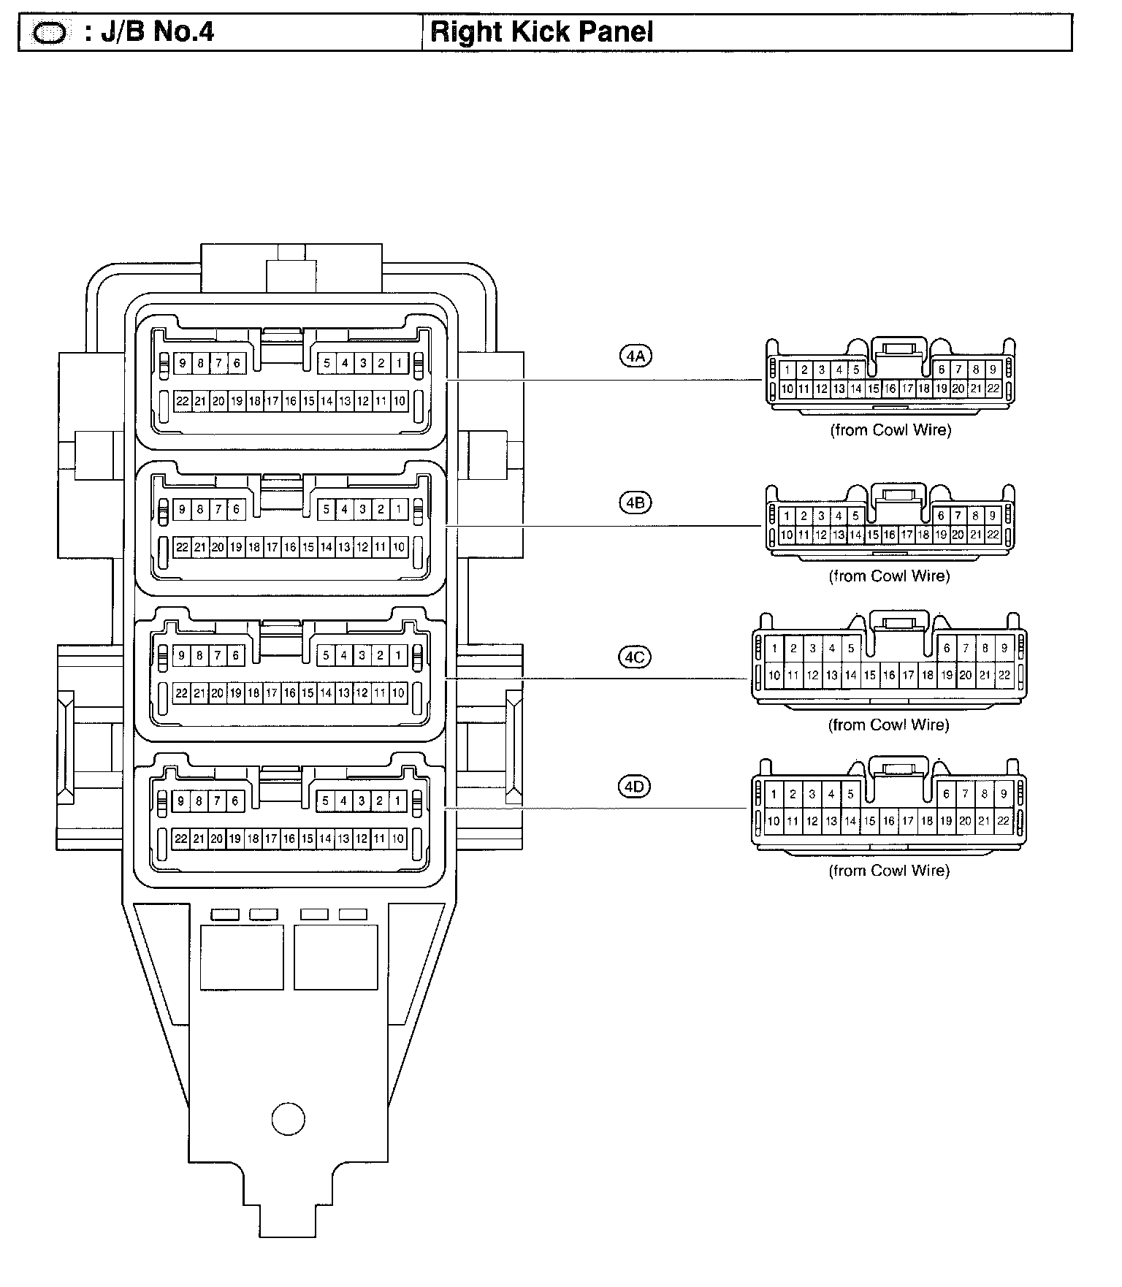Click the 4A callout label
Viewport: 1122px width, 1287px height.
[x=636, y=356]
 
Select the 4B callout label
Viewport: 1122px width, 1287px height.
[x=635, y=503]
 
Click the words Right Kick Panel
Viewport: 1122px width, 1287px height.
[x=541, y=33]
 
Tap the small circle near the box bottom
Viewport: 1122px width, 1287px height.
[x=288, y=1118]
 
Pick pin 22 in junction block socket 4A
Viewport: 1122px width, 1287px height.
[x=183, y=401]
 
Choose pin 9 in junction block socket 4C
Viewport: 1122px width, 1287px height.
[x=182, y=655]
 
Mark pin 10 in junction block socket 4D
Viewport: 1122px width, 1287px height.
[x=397, y=839]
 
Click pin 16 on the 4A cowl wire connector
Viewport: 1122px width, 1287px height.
[x=890, y=389]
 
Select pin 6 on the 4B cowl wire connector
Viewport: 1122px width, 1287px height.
[x=941, y=516]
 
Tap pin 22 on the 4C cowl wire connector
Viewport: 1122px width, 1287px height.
[x=1004, y=676]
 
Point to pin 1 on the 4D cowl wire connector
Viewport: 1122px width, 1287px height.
[x=774, y=794]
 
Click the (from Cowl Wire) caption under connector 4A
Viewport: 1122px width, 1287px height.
[x=890, y=430]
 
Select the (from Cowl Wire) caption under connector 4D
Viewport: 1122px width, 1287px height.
[x=889, y=871]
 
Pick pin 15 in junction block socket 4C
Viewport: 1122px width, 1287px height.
[x=308, y=692]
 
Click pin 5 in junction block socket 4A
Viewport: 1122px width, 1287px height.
[x=327, y=363]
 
